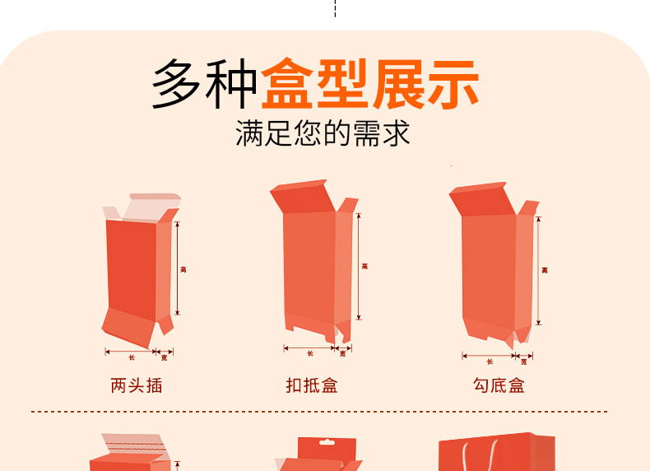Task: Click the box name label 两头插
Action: pyautogui.click(x=137, y=385)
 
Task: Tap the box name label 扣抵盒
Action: pyautogui.click(x=312, y=385)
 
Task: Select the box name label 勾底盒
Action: pyautogui.click(x=499, y=385)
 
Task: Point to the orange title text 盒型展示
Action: pyautogui.click(x=370, y=85)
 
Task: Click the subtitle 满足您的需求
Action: pyautogui.click(x=323, y=133)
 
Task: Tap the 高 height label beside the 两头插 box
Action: pyautogui.click(x=183, y=269)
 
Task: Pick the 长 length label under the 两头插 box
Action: pyautogui.click(x=131, y=357)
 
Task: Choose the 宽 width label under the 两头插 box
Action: pyautogui.click(x=164, y=357)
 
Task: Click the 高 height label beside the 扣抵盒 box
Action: pyautogui.click(x=364, y=266)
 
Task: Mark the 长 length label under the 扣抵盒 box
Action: pyautogui.click(x=309, y=353)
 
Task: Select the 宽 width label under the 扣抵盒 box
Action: pyautogui.click(x=343, y=353)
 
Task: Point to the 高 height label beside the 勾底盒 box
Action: pyautogui.click(x=544, y=270)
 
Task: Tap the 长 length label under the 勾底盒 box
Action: pyautogui.click(x=489, y=361)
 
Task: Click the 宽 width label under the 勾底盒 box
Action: pyautogui.click(x=523, y=361)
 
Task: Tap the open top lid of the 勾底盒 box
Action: pyautogui.click(x=480, y=200)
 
